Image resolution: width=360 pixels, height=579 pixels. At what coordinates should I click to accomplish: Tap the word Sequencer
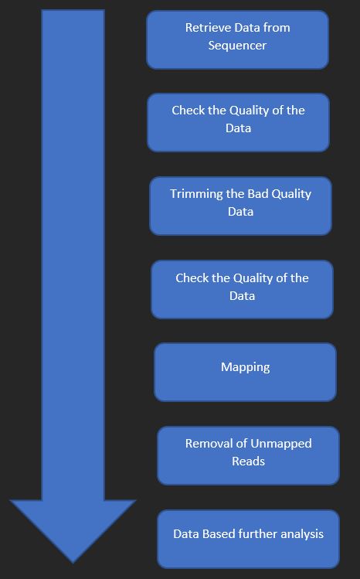click(237, 46)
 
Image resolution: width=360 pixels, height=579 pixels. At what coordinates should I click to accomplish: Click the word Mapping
click(246, 367)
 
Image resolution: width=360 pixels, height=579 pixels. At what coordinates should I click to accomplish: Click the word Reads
click(248, 461)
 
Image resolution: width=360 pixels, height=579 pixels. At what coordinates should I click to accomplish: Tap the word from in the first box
click(278, 27)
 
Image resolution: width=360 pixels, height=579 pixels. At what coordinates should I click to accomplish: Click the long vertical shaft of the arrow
click(73, 255)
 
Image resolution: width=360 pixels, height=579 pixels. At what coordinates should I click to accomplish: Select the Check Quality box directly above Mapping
click(243, 289)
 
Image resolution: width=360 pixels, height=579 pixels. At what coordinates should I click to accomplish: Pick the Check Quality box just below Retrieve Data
click(238, 122)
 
